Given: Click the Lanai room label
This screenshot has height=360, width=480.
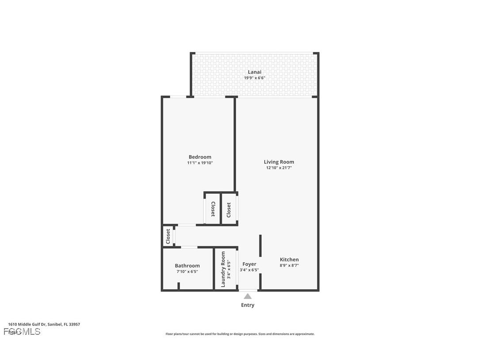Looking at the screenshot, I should click(x=254, y=72).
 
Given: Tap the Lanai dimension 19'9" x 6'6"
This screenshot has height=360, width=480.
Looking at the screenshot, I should click(x=254, y=78).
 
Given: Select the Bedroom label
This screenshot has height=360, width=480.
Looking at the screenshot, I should click(x=200, y=157).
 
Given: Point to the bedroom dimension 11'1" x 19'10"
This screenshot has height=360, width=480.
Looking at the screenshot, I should click(x=200, y=163).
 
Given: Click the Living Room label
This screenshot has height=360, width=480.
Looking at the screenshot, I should click(x=279, y=162).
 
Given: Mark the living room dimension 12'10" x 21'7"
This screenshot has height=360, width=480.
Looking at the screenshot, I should click(x=279, y=168).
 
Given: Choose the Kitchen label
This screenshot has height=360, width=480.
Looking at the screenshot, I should click(x=289, y=260).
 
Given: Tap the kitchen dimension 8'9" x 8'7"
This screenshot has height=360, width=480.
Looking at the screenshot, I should click(x=289, y=266).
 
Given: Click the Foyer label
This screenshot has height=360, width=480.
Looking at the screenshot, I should click(x=249, y=264).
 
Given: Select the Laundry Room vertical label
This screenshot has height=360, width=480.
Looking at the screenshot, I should click(x=223, y=269).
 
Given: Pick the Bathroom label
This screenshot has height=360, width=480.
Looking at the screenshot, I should click(x=187, y=266).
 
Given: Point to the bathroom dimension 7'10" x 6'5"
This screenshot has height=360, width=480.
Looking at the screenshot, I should click(x=187, y=272).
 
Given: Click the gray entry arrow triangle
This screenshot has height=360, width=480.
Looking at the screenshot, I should click(x=248, y=296).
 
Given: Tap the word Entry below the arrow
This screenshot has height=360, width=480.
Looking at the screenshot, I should click(x=248, y=305).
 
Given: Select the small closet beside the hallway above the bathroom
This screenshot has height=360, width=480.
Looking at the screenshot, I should click(x=168, y=236).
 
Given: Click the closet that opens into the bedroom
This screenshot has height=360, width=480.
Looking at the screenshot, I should click(x=213, y=209).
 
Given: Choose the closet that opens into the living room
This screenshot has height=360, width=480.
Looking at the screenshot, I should click(x=229, y=209).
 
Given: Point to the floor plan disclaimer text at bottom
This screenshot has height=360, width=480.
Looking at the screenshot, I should click(x=240, y=334).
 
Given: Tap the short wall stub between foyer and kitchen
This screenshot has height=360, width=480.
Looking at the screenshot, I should click(x=260, y=245).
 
